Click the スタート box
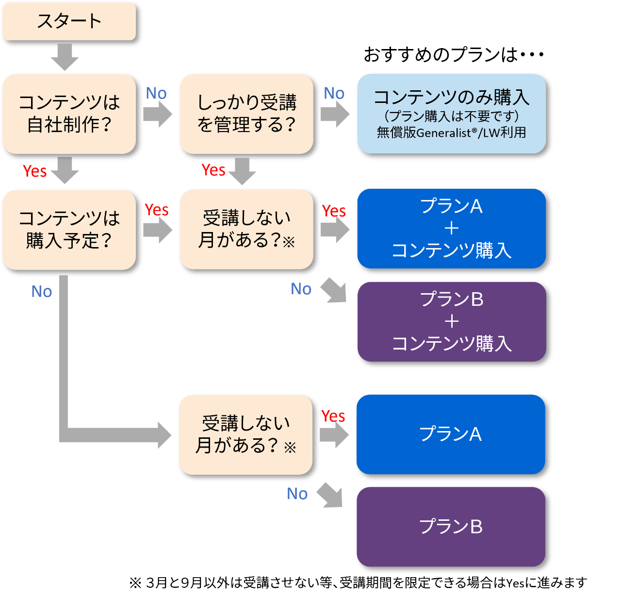pos(69,21)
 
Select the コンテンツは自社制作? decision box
pos(69,114)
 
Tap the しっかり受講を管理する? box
pos(246,114)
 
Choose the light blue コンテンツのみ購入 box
pos(451,114)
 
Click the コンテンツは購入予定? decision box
pos(69,229)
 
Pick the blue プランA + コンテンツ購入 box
pos(451,228)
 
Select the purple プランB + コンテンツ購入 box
pos(451,321)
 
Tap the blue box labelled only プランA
pos(451,434)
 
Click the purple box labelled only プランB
pos(451,527)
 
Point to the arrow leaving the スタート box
pos(65,57)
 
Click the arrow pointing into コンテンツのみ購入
pos(335,115)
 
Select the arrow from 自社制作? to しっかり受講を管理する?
pos(158,115)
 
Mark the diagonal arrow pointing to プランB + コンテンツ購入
pos(335,290)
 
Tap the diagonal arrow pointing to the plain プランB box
pos(331,496)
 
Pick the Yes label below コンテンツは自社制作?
pos(35,171)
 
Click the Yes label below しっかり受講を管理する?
pos(213,170)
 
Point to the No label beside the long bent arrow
pos(42,291)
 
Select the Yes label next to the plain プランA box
pos(333,416)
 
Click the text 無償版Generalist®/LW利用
pos(451,133)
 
